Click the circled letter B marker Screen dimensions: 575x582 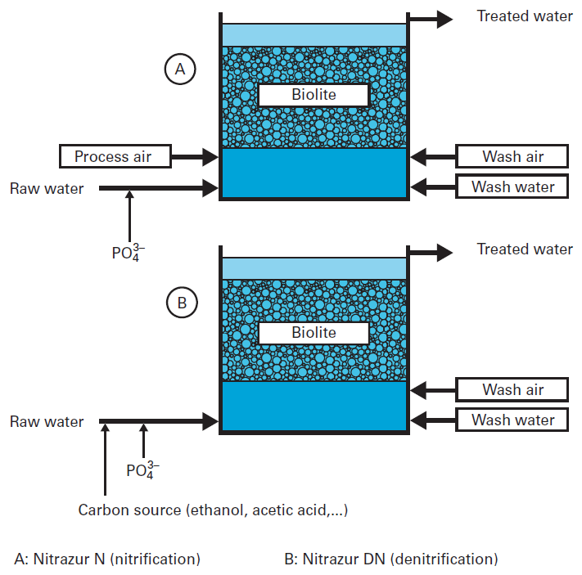click(181, 304)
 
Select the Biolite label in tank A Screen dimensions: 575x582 click(314, 95)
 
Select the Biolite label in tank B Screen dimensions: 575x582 click(314, 332)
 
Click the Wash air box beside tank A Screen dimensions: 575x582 click(512, 156)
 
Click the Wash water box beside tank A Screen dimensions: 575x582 click(512, 186)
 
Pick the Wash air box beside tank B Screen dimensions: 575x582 click(512, 389)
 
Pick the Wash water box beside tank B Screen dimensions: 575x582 click(512, 420)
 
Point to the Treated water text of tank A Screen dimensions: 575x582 click(525, 16)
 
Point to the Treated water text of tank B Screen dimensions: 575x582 click(525, 249)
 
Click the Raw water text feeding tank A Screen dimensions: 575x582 click(47, 189)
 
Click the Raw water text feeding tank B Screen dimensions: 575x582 click(47, 422)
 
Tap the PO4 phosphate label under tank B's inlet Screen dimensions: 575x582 click(142, 469)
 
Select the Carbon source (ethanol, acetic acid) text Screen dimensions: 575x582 click(213, 510)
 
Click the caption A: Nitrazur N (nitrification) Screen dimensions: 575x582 click(107, 559)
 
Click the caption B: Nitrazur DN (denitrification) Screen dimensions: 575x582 click(390, 559)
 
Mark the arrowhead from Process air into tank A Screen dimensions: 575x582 click(209, 155)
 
